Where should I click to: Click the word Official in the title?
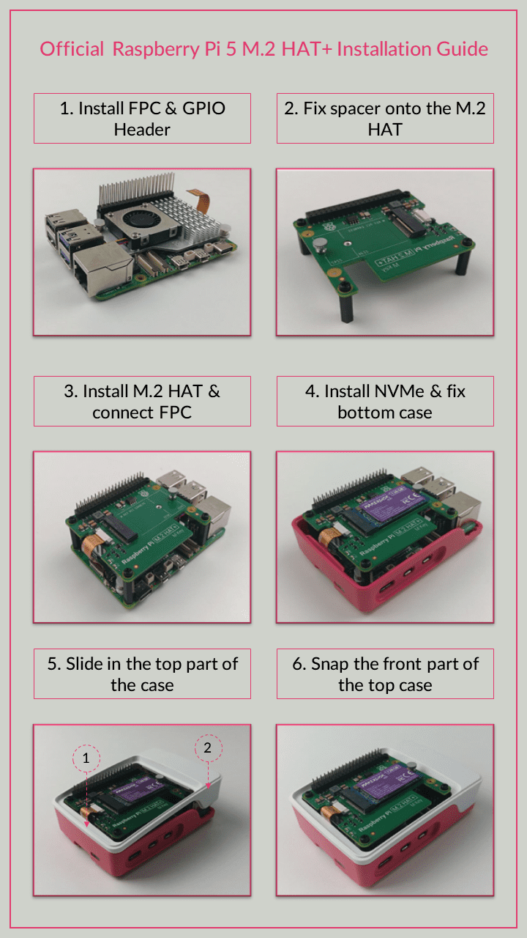click(72, 49)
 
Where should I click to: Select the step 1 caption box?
click(142, 118)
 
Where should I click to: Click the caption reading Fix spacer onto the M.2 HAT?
click(385, 118)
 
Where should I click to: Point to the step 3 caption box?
click(142, 401)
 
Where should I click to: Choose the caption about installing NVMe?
click(385, 401)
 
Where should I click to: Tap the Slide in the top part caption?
click(142, 673)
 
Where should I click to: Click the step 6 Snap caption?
click(385, 673)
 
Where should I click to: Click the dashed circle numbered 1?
click(86, 758)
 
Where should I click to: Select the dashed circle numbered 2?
click(208, 747)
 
